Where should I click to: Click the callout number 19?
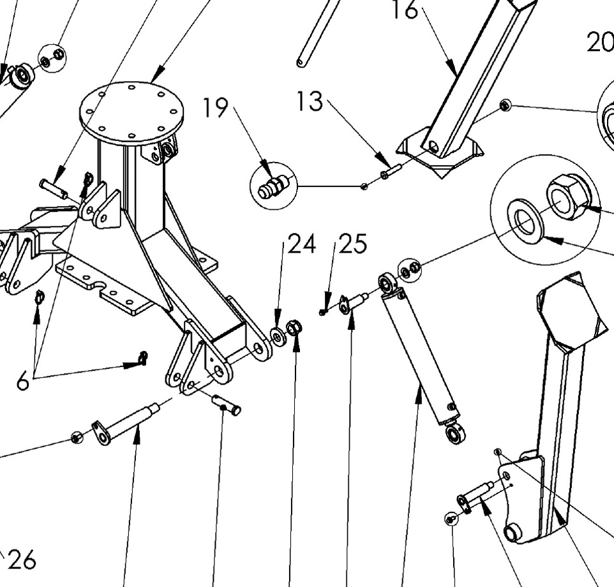tap(216, 108)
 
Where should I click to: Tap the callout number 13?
tap(310, 101)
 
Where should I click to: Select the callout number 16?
tap(405, 10)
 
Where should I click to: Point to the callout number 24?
tap(302, 244)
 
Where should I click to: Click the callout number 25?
tap(353, 244)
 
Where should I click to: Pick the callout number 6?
tap(23, 382)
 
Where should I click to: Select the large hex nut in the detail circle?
tap(567, 196)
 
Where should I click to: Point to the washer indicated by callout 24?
tap(278, 336)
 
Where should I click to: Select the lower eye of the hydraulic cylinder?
tap(456, 435)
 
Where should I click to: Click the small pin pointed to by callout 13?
tap(389, 171)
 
